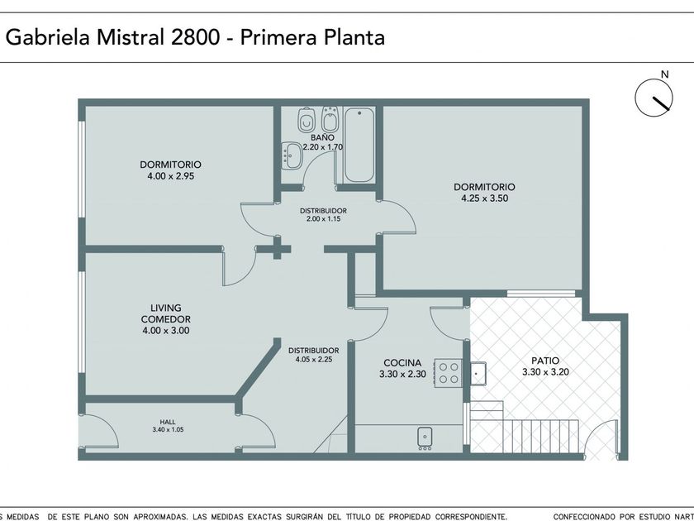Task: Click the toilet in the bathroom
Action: click(307, 119)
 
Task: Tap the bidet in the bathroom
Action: click(330, 119)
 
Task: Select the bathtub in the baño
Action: click(359, 145)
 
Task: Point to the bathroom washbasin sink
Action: click(292, 155)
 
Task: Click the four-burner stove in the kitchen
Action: click(449, 373)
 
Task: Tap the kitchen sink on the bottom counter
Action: click(425, 437)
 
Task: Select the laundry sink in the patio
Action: click(478, 374)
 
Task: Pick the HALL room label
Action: click(168, 422)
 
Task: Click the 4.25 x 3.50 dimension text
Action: click(485, 198)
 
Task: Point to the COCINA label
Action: click(402, 362)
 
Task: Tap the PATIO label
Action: click(545, 361)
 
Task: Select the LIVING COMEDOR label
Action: click(165, 313)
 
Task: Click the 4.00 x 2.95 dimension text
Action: click(171, 176)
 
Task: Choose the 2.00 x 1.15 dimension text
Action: click(323, 219)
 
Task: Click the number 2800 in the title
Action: click(195, 37)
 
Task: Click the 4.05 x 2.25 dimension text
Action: click(314, 359)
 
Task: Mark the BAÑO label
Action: click(322, 137)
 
